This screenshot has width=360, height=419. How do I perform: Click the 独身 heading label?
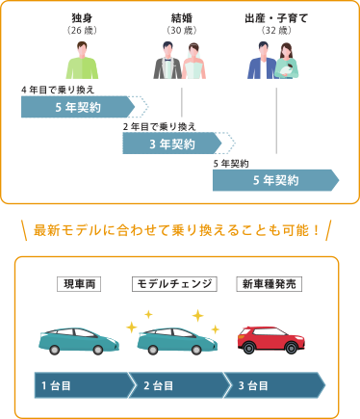82,18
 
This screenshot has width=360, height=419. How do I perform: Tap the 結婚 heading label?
181,18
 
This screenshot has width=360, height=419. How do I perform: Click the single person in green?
82,60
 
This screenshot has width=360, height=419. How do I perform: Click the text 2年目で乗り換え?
159,126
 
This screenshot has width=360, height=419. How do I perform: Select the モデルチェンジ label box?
174,283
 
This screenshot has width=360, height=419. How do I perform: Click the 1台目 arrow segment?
82,385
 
